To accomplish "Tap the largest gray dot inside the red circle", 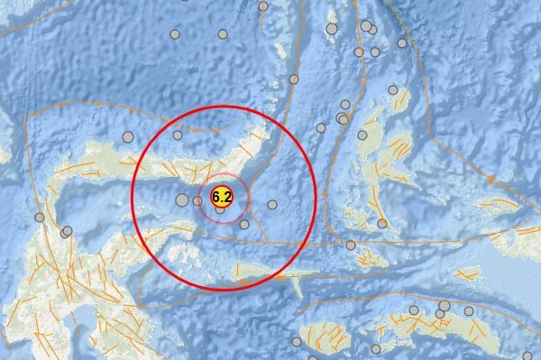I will [x=182, y=200].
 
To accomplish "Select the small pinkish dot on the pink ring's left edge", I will [x=198, y=200].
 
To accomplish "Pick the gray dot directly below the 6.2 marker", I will [x=221, y=211].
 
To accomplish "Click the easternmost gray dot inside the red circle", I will [x=272, y=206].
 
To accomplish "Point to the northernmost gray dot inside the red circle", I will [x=179, y=135].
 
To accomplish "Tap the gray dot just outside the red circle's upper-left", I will [x=128, y=137].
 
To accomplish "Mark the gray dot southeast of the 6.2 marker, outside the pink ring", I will [x=244, y=224].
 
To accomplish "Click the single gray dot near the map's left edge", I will [x=40, y=217].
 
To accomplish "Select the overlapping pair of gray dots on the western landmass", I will [x=66, y=232].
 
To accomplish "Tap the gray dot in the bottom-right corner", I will [x=528, y=355].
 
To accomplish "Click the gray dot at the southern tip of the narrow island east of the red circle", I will [x=383, y=223].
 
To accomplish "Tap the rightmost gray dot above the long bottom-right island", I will [x=469, y=311].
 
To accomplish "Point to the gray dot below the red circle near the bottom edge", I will [x=298, y=342].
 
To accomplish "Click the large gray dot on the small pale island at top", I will [x=332, y=30].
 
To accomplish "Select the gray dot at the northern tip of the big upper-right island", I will [x=362, y=135].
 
